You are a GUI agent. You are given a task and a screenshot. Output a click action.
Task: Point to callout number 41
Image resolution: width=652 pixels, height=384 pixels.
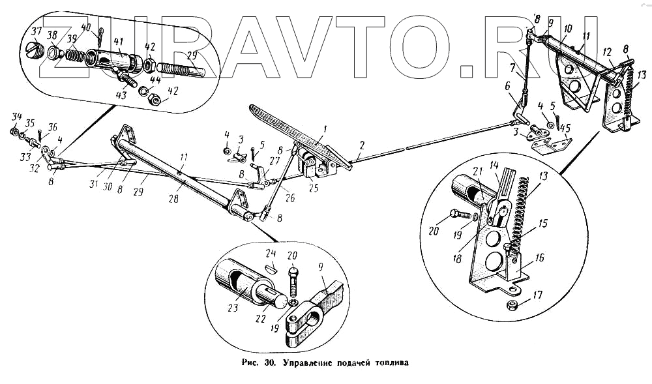pyautogui.click(x=118, y=41)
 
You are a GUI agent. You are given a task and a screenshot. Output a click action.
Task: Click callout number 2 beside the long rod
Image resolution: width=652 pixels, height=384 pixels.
pyautogui.click(x=360, y=145)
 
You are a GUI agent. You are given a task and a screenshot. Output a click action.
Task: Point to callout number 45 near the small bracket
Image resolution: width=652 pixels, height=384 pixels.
pyautogui.click(x=565, y=128)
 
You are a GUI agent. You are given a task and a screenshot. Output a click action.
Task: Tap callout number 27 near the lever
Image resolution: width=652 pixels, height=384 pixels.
pyautogui.click(x=274, y=160)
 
